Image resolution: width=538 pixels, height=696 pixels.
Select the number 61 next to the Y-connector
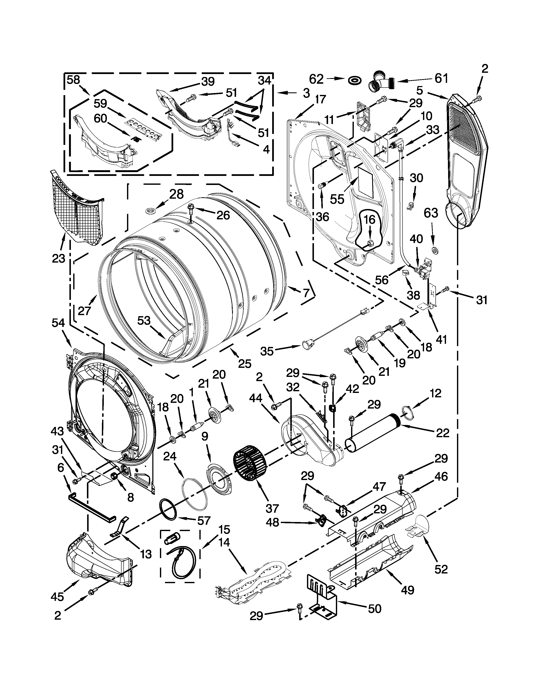[x=441, y=78]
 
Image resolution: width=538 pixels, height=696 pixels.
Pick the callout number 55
[x=337, y=199]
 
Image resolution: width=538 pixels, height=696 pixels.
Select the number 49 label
[x=407, y=590]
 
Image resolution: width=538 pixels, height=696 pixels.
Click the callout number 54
[x=58, y=323]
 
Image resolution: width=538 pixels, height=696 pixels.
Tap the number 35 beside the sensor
[x=267, y=351]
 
